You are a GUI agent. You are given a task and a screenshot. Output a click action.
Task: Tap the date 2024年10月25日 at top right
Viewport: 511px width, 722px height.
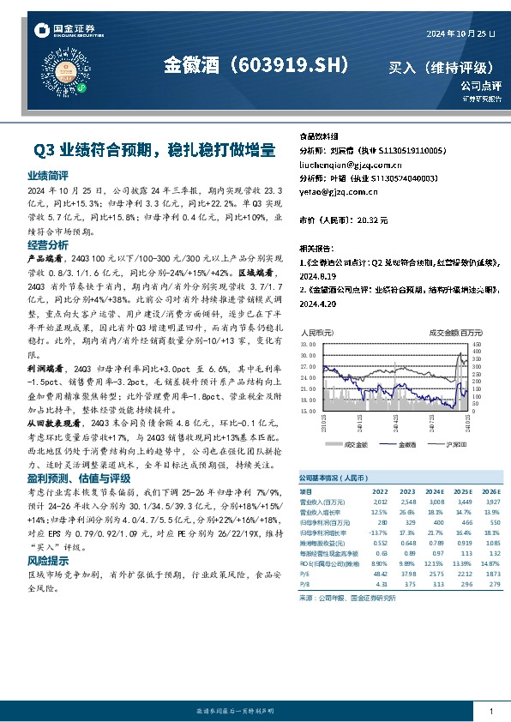(x=461, y=32)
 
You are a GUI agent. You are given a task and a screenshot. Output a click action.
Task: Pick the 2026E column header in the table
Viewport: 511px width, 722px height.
(x=488, y=491)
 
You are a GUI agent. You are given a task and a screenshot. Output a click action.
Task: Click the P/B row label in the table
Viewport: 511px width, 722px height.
(x=304, y=585)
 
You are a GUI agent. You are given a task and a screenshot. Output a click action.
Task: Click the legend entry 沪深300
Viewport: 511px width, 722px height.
(x=455, y=444)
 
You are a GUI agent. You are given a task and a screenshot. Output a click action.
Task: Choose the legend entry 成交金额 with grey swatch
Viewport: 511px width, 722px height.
(x=354, y=444)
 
